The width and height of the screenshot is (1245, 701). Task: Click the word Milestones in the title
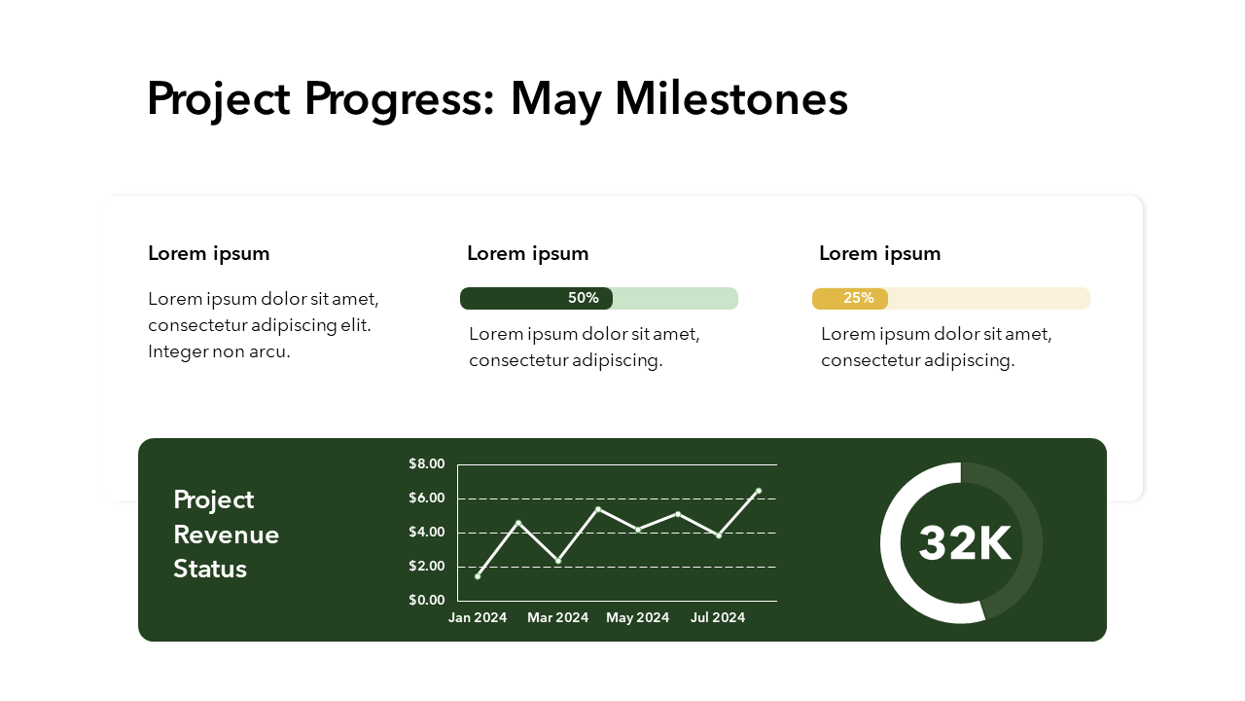tap(731, 99)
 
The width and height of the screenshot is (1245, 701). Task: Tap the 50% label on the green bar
tap(584, 298)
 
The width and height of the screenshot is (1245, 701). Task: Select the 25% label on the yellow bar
tap(859, 298)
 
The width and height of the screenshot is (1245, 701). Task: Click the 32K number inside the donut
tap(964, 543)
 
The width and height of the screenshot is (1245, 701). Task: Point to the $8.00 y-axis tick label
tap(427, 463)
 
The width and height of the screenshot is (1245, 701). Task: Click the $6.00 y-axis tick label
tap(427, 498)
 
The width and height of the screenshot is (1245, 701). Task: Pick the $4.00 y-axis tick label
tap(427, 533)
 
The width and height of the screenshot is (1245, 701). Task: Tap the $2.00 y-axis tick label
tap(427, 567)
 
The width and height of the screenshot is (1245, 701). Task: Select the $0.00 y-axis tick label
tap(427, 600)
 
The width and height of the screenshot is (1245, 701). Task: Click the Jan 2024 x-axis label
tap(478, 617)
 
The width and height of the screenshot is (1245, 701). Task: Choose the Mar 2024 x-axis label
tap(558, 617)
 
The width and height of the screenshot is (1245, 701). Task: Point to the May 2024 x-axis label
tap(638, 617)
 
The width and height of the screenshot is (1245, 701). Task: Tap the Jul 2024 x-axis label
tap(718, 617)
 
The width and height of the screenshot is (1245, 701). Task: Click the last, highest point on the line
tap(758, 492)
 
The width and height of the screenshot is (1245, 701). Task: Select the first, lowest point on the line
tap(478, 576)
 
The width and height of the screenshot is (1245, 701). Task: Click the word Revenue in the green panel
tap(227, 535)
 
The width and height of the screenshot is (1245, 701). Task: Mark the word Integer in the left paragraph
tap(179, 351)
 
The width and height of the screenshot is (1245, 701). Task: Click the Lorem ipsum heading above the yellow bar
tap(880, 254)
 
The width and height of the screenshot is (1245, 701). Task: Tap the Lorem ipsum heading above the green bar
tap(528, 254)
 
